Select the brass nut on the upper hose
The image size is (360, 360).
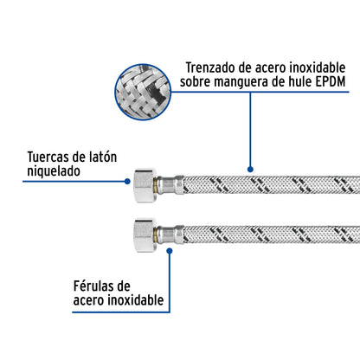[144, 183]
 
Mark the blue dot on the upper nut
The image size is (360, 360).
[128, 182]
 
